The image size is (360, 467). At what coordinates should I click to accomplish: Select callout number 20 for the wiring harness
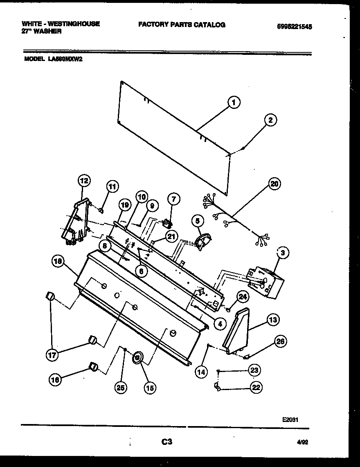(x=274, y=184)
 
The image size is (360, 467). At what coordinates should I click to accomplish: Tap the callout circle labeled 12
(x=84, y=180)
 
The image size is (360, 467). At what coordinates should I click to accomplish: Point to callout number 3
(x=282, y=253)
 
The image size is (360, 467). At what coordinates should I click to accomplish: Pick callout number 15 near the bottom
(x=150, y=388)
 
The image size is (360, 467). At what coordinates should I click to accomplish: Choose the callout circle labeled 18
(x=57, y=262)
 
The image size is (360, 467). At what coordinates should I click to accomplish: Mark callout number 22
(x=256, y=388)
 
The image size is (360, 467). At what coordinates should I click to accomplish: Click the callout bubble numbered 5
(x=198, y=221)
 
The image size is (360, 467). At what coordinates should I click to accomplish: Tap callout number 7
(x=173, y=199)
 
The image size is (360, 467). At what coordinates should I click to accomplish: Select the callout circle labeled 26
(x=281, y=341)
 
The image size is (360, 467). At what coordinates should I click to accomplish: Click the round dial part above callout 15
(x=137, y=358)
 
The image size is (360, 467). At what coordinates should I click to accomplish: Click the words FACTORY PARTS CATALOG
(x=182, y=25)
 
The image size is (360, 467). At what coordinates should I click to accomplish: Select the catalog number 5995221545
(x=294, y=26)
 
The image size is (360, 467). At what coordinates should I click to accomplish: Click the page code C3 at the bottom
(x=166, y=442)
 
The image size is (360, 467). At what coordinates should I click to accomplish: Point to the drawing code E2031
(x=290, y=420)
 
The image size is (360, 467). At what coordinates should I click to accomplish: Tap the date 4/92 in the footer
(x=302, y=442)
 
